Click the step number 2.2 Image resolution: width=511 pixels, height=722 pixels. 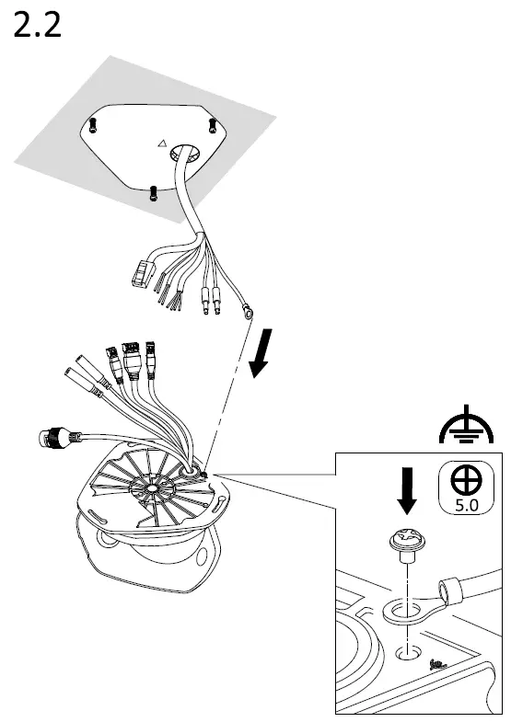point(38,25)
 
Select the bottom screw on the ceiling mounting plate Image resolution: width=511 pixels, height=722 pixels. point(151,192)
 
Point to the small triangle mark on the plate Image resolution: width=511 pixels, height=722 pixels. point(161,144)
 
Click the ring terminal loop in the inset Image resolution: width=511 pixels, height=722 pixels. point(400,609)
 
